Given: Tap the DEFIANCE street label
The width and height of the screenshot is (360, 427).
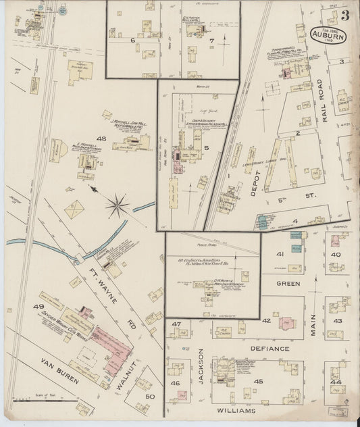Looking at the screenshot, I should (270, 349).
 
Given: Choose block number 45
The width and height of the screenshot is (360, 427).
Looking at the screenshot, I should (258, 381).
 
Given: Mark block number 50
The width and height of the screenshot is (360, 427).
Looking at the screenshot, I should (150, 397).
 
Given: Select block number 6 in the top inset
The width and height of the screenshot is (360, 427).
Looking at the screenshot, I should (132, 41).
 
